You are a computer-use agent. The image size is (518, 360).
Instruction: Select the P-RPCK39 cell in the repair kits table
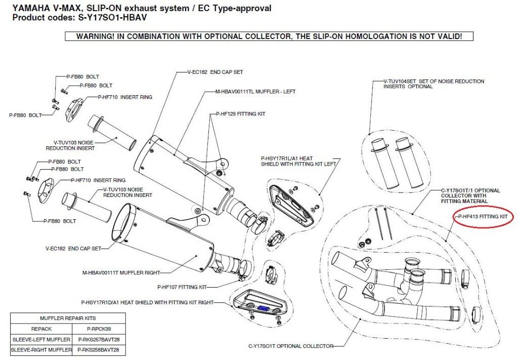[x=99, y=329]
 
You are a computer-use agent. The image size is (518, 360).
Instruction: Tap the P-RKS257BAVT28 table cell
[x=99, y=340]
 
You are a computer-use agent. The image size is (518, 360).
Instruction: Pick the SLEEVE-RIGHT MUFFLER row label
[x=41, y=350]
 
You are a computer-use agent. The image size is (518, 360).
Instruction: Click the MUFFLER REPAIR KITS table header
[x=68, y=318]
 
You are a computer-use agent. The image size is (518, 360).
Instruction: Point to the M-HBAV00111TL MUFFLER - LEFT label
[x=255, y=92]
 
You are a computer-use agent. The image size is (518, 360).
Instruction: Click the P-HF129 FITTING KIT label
[x=241, y=114]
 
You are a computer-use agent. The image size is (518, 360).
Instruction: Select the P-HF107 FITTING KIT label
[x=182, y=287]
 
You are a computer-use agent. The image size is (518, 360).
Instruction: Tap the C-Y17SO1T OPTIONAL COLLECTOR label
[x=291, y=346]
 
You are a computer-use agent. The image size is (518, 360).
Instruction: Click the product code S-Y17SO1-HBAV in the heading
[x=112, y=18]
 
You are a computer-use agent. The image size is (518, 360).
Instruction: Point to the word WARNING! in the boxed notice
[x=95, y=36]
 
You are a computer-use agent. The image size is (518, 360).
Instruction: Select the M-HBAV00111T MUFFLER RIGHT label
[x=121, y=273]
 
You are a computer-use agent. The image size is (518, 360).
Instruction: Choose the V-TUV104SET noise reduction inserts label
[x=434, y=84]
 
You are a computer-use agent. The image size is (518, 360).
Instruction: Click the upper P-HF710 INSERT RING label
[x=125, y=97]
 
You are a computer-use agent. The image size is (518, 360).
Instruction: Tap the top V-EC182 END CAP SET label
[x=215, y=72]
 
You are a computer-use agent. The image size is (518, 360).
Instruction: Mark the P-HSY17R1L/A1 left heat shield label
[x=298, y=162]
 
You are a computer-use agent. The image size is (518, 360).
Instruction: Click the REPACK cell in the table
[x=41, y=329]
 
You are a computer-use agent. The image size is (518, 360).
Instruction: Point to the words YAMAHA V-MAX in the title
[x=46, y=8]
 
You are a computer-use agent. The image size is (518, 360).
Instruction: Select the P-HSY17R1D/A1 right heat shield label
[x=147, y=302]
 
